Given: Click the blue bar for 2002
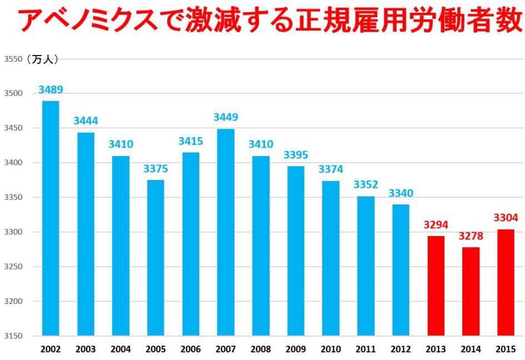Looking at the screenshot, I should click(51, 218).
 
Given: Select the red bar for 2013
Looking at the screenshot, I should click(436, 286).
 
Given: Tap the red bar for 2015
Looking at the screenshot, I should click(506, 283).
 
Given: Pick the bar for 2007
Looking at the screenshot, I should click(226, 232).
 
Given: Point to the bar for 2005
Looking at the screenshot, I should click(156, 258).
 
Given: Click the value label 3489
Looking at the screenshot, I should click(51, 89).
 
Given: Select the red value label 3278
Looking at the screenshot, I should click(471, 236).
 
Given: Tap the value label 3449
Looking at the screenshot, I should click(226, 117).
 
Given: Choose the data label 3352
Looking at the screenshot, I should click(366, 184).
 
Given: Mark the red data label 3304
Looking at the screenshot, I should click(506, 218).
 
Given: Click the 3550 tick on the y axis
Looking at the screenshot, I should click(13, 59).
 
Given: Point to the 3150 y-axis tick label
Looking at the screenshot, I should click(13, 336).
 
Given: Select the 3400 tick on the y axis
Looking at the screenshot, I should click(13, 163).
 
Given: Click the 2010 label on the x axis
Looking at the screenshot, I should click(331, 349).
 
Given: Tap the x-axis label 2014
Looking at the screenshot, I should click(471, 349).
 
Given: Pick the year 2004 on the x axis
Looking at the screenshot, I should click(121, 349).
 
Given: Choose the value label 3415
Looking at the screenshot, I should click(191, 142).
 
